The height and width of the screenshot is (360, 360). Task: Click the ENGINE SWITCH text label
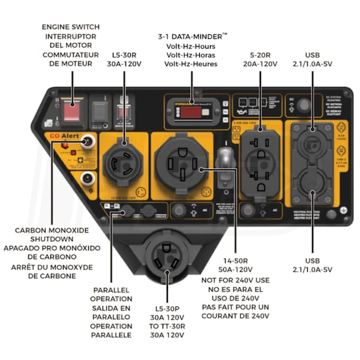[71, 27]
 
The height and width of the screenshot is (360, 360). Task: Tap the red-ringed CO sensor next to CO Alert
[89, 142]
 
